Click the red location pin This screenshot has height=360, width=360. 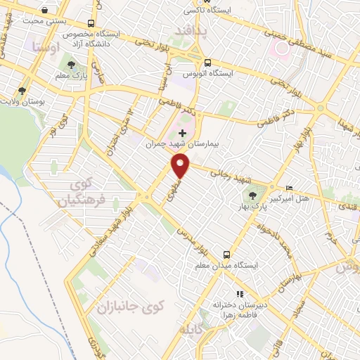coord(181,166)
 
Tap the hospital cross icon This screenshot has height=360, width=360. coord(183,132)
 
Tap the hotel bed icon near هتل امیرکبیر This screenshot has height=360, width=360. coord(291,188)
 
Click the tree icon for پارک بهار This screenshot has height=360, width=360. coord(271,187)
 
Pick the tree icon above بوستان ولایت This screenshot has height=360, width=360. coord(23,91)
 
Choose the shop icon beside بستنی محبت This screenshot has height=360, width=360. coord(46,11)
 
